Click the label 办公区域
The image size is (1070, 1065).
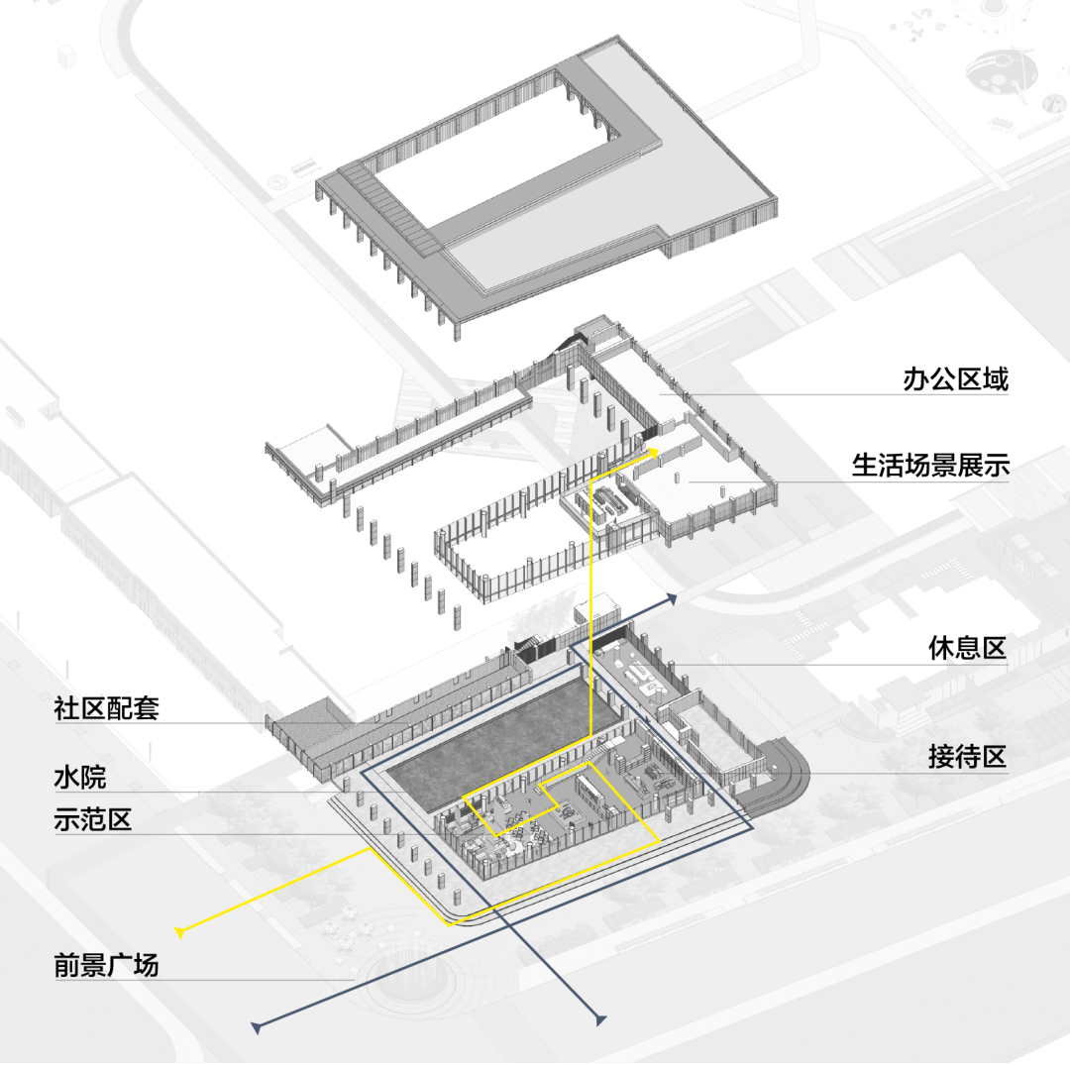click(x=955, y=379)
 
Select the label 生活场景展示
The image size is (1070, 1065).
click(x=930, y=465)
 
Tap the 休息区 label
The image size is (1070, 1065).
click(x=967, y=649)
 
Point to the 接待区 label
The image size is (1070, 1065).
click(x=967, y=758)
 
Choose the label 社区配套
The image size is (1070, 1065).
click(x=106, y=708)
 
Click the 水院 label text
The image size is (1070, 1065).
click(x=79, y=779)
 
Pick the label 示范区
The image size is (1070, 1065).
click(x=93, y=821)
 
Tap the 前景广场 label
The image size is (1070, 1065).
click(x=106, y=966)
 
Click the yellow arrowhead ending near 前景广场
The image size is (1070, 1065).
click(x=180, y=931)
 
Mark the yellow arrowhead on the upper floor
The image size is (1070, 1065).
click(x=655, y=452)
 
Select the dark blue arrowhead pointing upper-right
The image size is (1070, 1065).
click(x=672, y=597)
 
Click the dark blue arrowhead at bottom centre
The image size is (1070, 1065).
click(x=598, y=1017)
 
